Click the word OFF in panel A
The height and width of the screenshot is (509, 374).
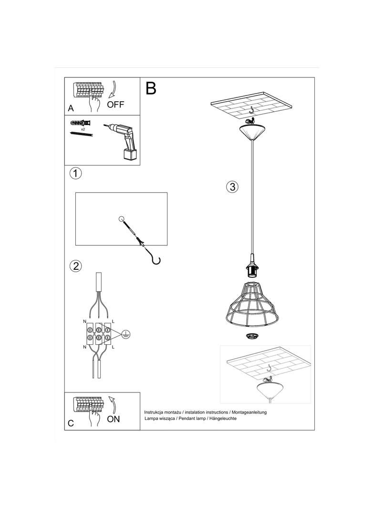[115, 105]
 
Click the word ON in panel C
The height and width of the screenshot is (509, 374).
[114, 419]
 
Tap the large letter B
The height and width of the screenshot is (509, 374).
[151, 88]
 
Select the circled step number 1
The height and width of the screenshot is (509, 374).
[75, 173]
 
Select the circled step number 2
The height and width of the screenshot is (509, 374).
[75, 266]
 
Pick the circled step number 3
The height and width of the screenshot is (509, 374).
[232, 187]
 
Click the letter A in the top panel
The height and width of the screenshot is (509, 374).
[71, 109]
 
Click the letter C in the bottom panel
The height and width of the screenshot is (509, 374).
[71, 423]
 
